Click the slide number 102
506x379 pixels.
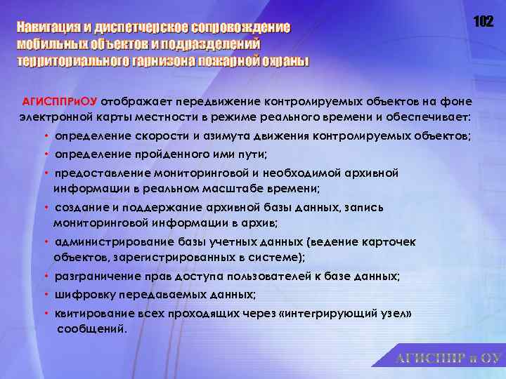tap(483, 22)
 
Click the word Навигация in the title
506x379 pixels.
tap(53, 28)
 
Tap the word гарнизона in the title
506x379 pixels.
tap(164, 60)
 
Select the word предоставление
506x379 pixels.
tap(96, 172)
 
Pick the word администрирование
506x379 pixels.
tap(103, 241)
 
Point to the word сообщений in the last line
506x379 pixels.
tap(91, 328)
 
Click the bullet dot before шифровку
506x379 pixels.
tap(46, 293)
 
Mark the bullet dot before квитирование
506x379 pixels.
tap(46, 312)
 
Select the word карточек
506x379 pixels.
tap(389, 241)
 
